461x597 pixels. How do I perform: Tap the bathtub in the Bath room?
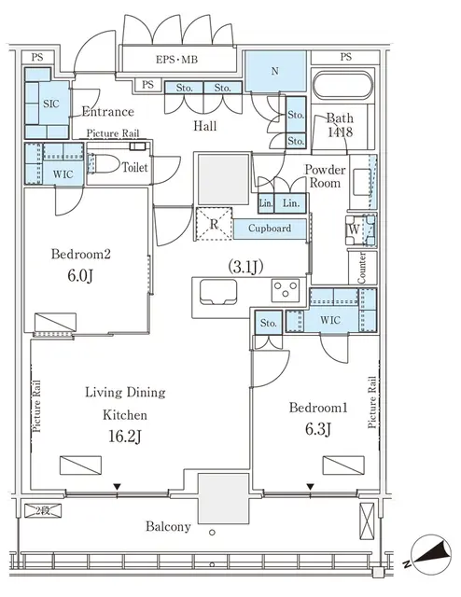point(341,89)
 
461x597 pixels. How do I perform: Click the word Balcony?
point(169,526)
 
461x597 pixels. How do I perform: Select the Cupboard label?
point(270,229)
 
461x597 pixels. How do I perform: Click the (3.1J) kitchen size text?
point(245,266)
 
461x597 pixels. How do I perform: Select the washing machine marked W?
point(356,227)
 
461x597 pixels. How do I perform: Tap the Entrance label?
point(108,110)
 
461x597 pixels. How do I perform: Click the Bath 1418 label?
point(341,125)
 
